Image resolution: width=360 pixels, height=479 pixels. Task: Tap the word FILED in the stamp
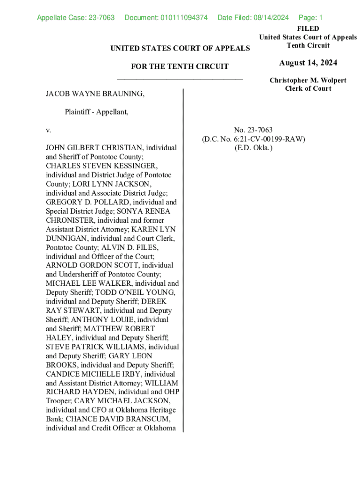(308, 29)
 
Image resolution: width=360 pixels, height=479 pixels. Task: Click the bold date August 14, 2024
(308, 63)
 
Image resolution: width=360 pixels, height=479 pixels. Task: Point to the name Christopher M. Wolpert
(308, 80)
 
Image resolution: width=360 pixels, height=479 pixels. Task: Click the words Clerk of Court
(308, 88)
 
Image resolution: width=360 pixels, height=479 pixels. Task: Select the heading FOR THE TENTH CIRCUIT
(180, 66)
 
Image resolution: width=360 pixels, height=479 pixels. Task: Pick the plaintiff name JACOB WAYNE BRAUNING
(95, 94)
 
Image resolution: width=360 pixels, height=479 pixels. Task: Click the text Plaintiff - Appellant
(96, 112)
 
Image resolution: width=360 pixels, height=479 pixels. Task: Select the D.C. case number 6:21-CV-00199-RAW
(268, 139)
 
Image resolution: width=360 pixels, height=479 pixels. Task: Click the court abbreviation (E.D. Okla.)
(253, 148)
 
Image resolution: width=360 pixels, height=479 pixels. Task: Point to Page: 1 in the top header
(310, 18)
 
